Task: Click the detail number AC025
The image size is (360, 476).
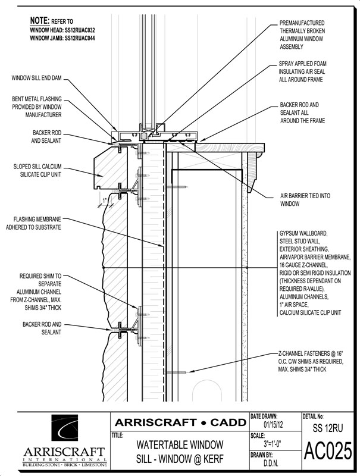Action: click(x=328, y=451)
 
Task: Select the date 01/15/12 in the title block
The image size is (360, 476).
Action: click(x=273, y=424)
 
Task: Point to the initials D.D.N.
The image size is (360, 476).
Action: click(x=271, y=463)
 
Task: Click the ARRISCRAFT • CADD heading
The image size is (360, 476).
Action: click(x=180, y=422)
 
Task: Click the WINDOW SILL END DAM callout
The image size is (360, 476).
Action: click(x=36, y=78)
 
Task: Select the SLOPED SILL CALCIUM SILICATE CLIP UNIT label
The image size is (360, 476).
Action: click(x=37, y=170)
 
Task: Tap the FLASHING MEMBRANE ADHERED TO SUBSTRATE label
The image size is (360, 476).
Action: click(x=33, y=223)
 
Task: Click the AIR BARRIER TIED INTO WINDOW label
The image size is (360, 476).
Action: click(x=305, y=199)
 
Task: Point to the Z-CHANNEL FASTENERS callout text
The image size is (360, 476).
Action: click(x=311, y=362)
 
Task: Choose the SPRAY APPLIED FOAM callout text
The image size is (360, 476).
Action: click(x=303, y=71)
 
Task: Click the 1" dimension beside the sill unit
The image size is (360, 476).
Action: click(x=104, y=201)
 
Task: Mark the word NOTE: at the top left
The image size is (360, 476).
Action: click(x=39, y=21)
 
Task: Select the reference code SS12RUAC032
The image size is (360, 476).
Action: click(x=80, y=30)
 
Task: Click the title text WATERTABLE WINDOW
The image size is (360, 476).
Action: click(x=180, y=445)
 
